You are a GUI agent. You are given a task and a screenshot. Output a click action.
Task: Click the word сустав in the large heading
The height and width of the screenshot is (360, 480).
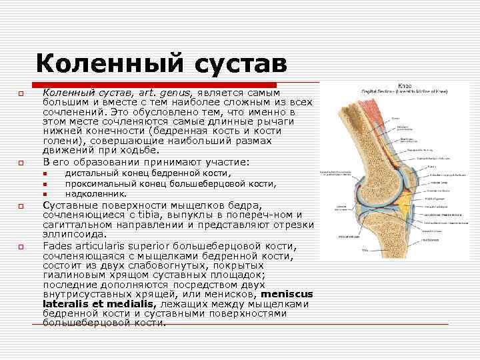[239, 64]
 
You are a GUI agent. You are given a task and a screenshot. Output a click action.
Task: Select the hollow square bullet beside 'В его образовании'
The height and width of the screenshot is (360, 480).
[21, 163]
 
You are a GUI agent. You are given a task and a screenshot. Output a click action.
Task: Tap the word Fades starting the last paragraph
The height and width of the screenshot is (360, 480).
[58, 246]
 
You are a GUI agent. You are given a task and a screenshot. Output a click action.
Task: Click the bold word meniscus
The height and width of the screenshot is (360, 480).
[287, 294]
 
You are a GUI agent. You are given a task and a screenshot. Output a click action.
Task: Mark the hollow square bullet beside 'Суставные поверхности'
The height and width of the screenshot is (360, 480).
[21, 205]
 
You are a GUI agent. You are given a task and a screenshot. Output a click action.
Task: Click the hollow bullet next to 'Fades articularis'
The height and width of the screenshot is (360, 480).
[21, 247]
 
